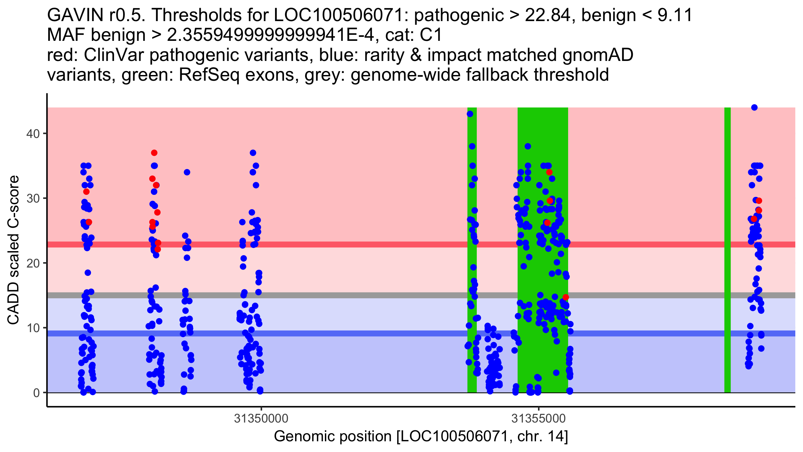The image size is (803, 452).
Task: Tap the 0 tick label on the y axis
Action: pyautogui.click(x=36, y=393)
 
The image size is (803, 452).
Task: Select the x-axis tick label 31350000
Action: pyautogui.click(x=261, y=419)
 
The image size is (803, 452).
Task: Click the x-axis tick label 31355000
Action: pyautogui.click(x=538, y=419)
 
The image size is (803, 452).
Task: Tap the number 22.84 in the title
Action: pyautogui.click(x=547, y=15)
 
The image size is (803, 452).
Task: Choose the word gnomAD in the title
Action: pyautogui.click(x=598, y=55)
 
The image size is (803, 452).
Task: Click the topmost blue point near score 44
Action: pyautogui.click(x=754, y=107)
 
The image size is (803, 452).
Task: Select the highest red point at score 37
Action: pyautogui.click(x=154, y=153)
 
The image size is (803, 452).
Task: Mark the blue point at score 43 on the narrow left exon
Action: pyautogui.click(x=470, y=114)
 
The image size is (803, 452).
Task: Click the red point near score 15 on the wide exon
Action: pyautogui.click(x=565, y=297)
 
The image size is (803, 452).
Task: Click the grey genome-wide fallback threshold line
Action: pyautogui.click(x=335, y=295)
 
